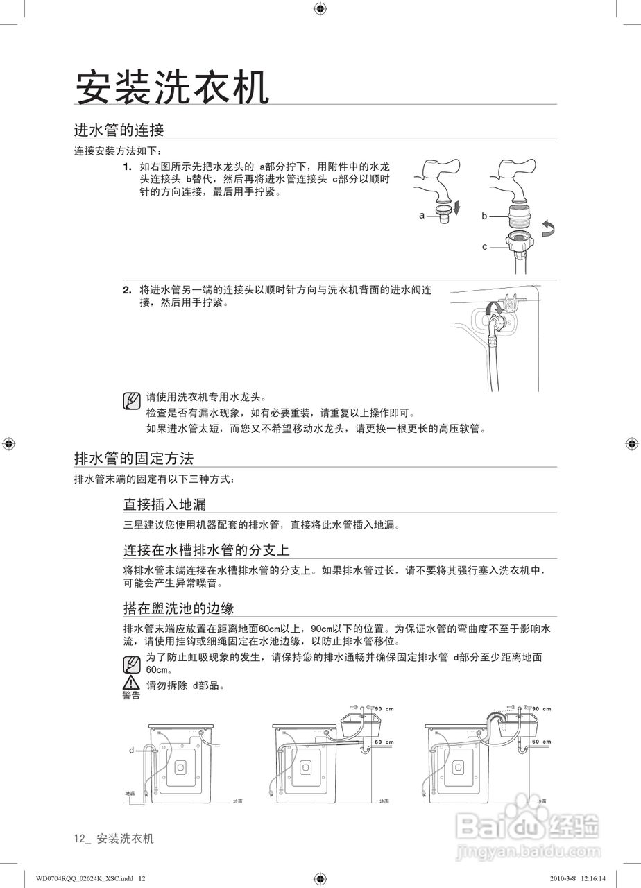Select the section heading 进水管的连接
tap(119, 130)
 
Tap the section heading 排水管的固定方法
tap(133, 458)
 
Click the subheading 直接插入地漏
tap(164, 504)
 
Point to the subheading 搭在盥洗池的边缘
tap(178, 608)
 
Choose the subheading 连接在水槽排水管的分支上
tap(206, 550)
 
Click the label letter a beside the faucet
tap(422, 215)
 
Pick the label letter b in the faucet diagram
tap(485, 216)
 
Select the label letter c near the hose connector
tap(485, 246)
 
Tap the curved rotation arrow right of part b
tap(549, 230)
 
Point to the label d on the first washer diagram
tap(131, 750)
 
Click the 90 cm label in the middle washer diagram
tap(384, 708)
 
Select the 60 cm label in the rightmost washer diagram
tap(541, 742)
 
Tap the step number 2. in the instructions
tap(128, 289)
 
